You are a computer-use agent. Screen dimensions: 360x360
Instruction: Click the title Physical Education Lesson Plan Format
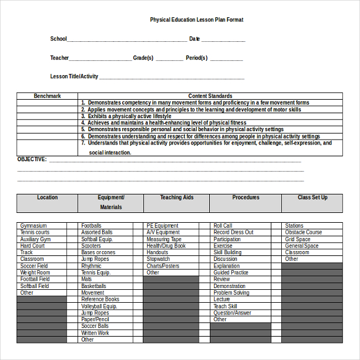click(x=196, y=20)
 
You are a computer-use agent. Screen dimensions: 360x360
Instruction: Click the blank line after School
click(x=127, y=40)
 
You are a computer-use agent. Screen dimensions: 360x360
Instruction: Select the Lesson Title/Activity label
click(x=74, y=77)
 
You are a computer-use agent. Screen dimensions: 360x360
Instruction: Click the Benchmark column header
click(x=47, y=96)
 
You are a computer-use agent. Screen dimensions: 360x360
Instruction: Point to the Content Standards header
click(x=210, y=96)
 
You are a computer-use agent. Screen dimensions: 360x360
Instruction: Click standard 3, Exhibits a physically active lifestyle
click(x=129, y=116)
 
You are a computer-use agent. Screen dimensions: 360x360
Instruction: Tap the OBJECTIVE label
click(x=32, y=159)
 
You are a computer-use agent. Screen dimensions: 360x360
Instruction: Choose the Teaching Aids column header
click(x=176, y=198)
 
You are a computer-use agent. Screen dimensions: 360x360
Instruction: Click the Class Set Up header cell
click(x=312, y=198)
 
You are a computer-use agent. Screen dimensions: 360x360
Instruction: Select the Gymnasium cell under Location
click(x=33, y=226)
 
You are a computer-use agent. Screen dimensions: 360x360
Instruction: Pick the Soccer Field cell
click(x=34, y=266)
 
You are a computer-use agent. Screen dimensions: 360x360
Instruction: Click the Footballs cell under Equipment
click(x=92, y=226)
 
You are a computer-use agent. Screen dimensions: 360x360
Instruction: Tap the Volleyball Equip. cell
click(x=99, y=306)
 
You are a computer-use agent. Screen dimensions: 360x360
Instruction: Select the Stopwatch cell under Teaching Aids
click(x=158, y=259)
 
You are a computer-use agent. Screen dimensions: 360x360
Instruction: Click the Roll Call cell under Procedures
click(x=223, y=226)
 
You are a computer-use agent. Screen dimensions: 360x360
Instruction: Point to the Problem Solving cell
click(x=231, y=293)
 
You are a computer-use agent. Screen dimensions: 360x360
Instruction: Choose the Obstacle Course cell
click(x=303, y=233)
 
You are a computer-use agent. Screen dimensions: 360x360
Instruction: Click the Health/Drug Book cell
click(x=166, y=246)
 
